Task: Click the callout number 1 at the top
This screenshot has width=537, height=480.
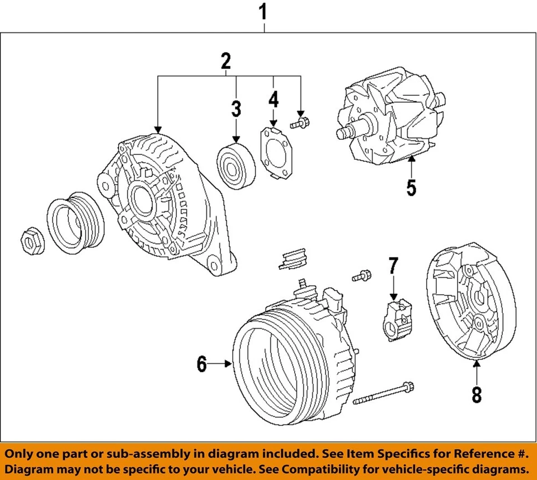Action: click(x=263, y=12)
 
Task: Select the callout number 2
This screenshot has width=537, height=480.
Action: click(x=225, y=60)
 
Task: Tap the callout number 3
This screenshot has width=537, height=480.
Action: click(x=236, y=108)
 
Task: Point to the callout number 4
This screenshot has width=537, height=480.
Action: click(x=273, y=100)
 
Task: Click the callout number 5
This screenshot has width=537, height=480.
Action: click(x=411, y=187)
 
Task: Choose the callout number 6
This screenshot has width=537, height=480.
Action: click(x=201, y=365)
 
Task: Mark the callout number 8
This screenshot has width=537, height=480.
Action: click(x=476, y=394)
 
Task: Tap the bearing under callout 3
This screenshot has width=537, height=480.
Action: click(x=235, y=166)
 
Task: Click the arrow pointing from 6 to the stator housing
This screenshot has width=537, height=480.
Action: click(x=223, y=365)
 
